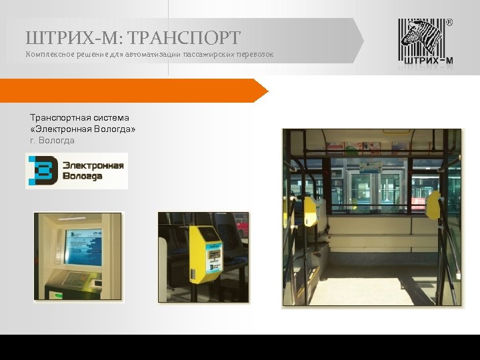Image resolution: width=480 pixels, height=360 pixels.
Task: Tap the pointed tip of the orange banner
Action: pos(267,90)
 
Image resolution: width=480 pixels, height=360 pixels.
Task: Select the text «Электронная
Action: pos(63,129)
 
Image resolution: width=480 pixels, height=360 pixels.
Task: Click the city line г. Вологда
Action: pos(53,141)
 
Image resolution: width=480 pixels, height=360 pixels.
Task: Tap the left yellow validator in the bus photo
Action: pos(310,210)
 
